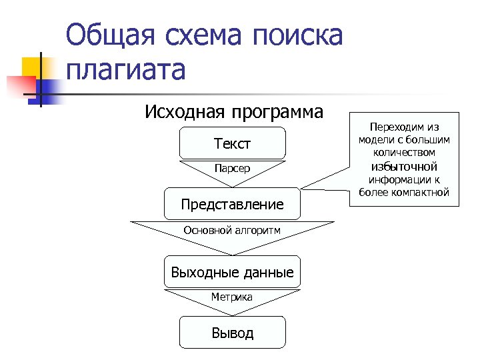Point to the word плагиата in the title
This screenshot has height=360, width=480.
[x=125, y=69]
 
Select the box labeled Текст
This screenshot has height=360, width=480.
[x=232, y=143]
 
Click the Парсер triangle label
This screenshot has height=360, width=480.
[x=232, y=168]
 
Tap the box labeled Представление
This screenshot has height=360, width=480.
[x=232, y=204]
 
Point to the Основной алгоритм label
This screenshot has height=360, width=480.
[x=232, y=231]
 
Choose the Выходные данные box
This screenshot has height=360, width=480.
[x=232, y=272]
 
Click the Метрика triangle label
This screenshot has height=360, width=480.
[x=232, y=297]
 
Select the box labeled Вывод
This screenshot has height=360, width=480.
[x=232, y=332]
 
